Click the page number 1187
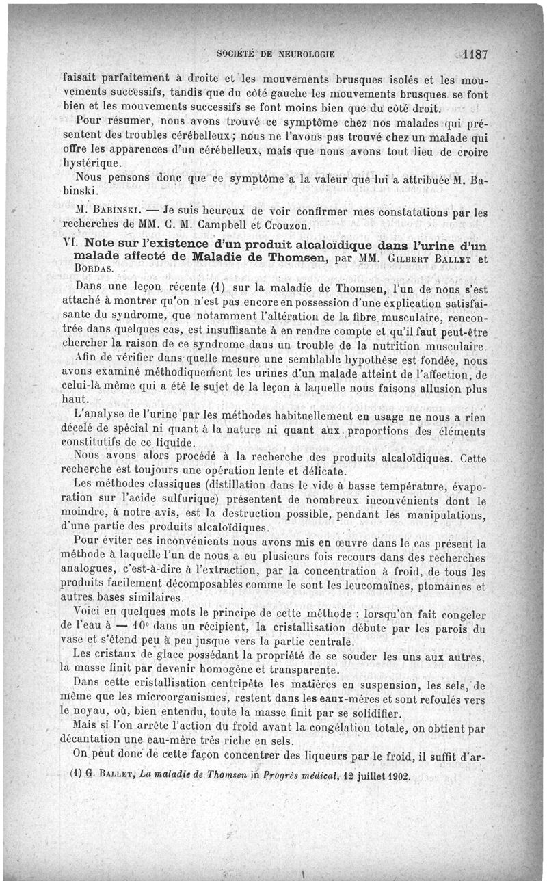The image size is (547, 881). (x=474, y=54)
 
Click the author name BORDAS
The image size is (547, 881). (x=93, y=269)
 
